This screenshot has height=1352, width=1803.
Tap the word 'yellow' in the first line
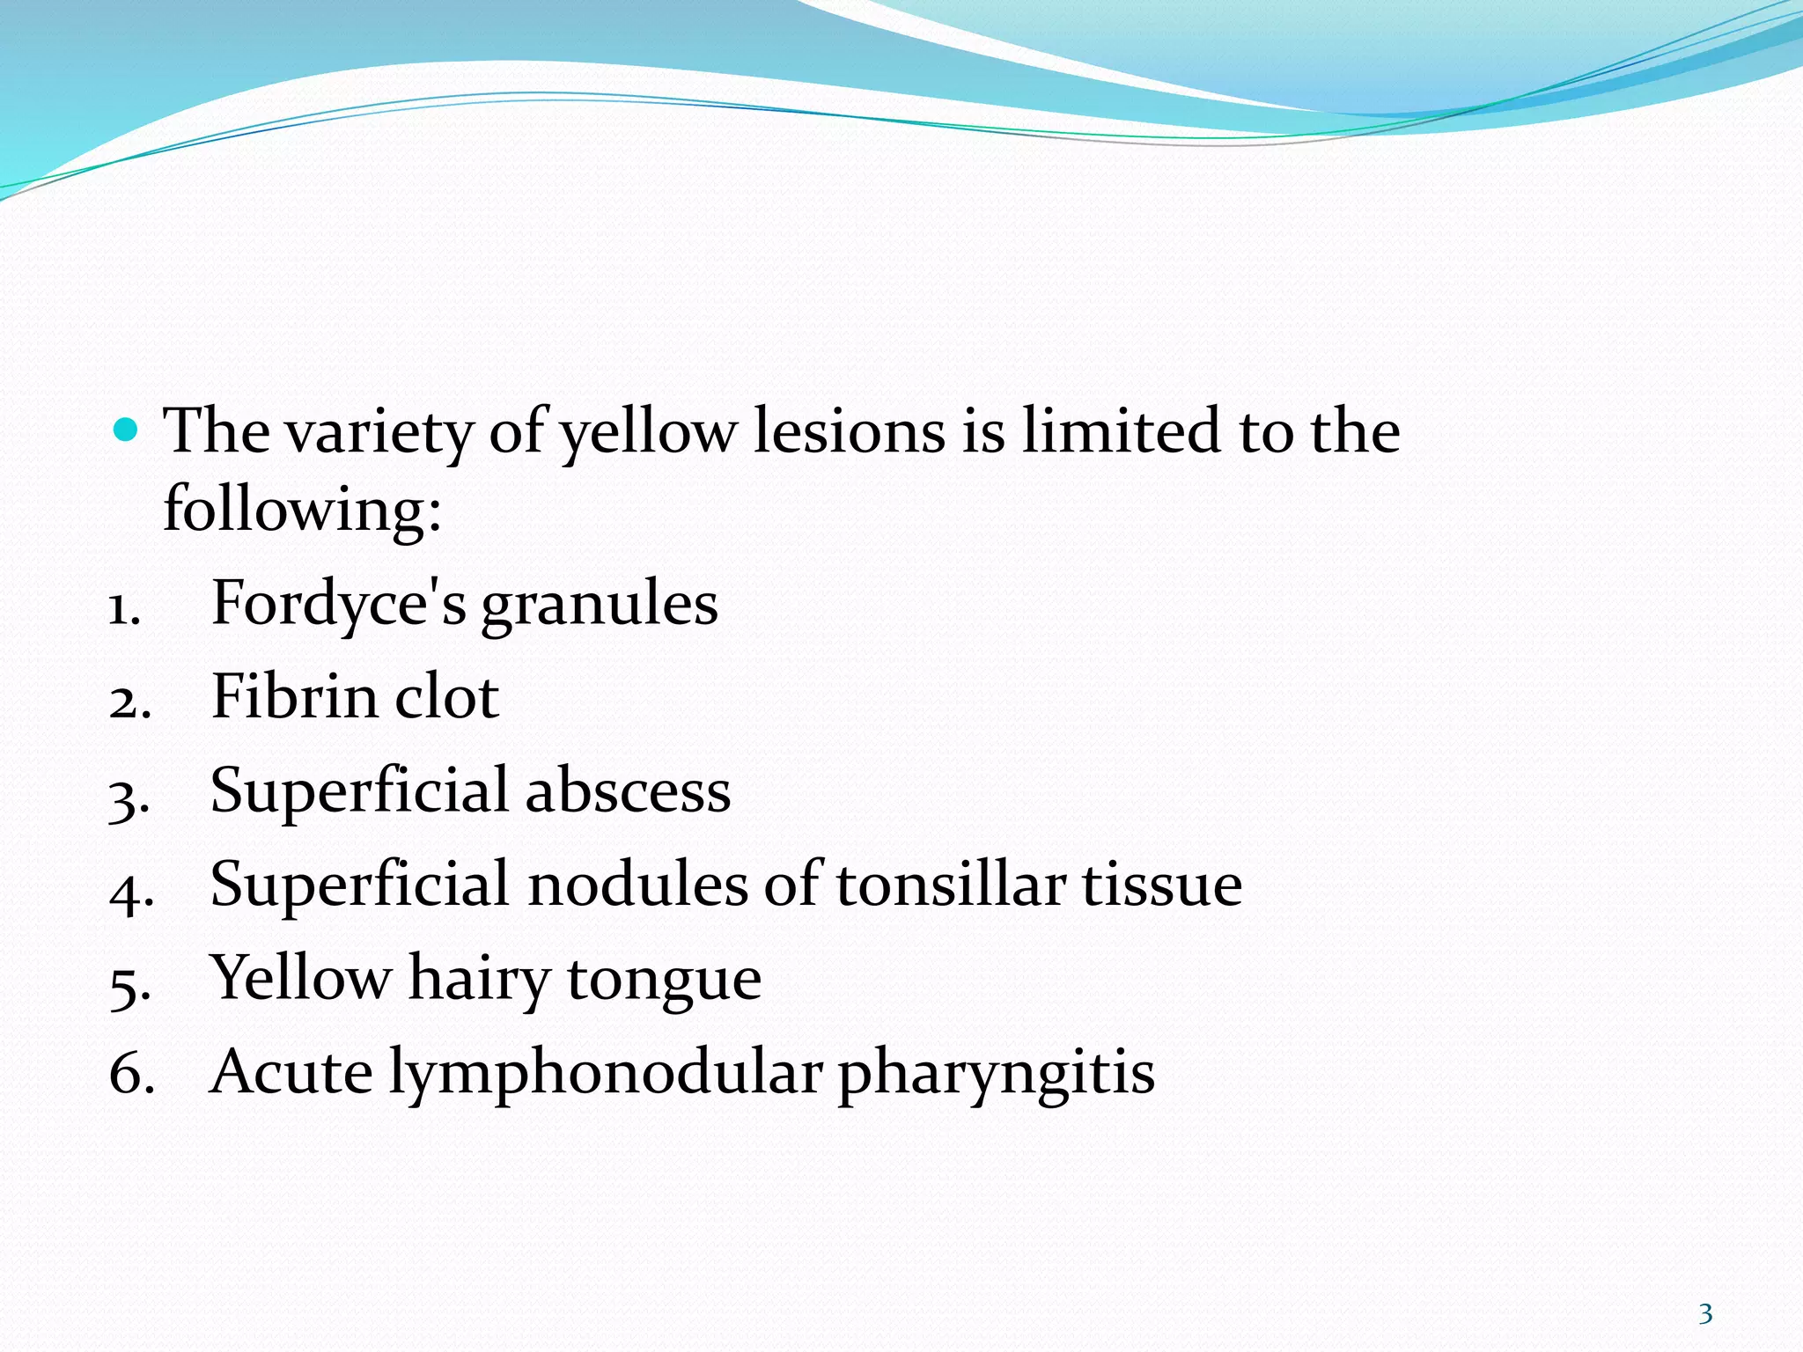click(649, 433)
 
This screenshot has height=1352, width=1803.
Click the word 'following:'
click(302, 510)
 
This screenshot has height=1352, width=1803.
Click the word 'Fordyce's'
click(339, 605)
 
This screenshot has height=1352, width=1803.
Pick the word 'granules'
click(600, 606)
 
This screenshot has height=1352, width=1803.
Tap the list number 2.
click(129, 702)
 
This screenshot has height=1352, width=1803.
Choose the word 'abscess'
click(628, 790)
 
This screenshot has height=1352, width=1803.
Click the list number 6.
click(131, 1076)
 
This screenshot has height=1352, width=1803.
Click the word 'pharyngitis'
click(996, 1074)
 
